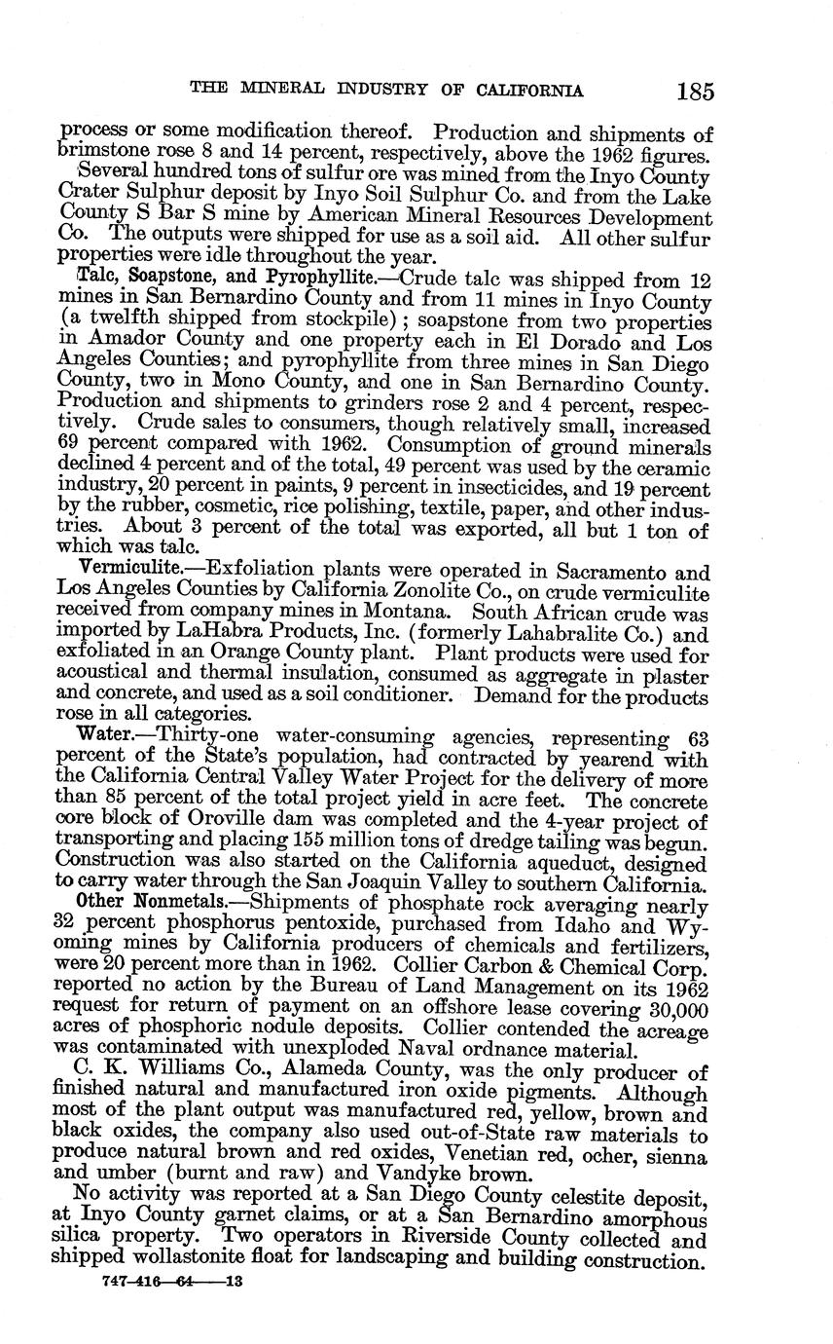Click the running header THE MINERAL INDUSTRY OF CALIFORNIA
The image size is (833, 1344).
(386, 92)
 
